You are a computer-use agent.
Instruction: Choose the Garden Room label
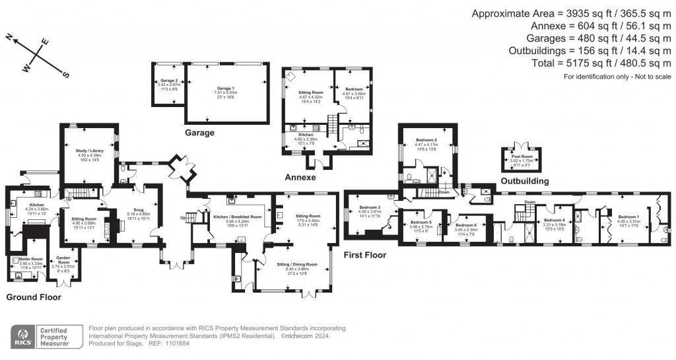click(64, 259)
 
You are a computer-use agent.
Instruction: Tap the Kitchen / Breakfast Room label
click(237, 217)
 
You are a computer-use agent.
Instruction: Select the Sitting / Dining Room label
click(297, 264)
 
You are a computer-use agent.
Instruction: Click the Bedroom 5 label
click(421, 223)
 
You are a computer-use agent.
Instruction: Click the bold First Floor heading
click(364, 254)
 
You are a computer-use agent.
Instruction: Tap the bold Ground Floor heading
click(33, 297)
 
